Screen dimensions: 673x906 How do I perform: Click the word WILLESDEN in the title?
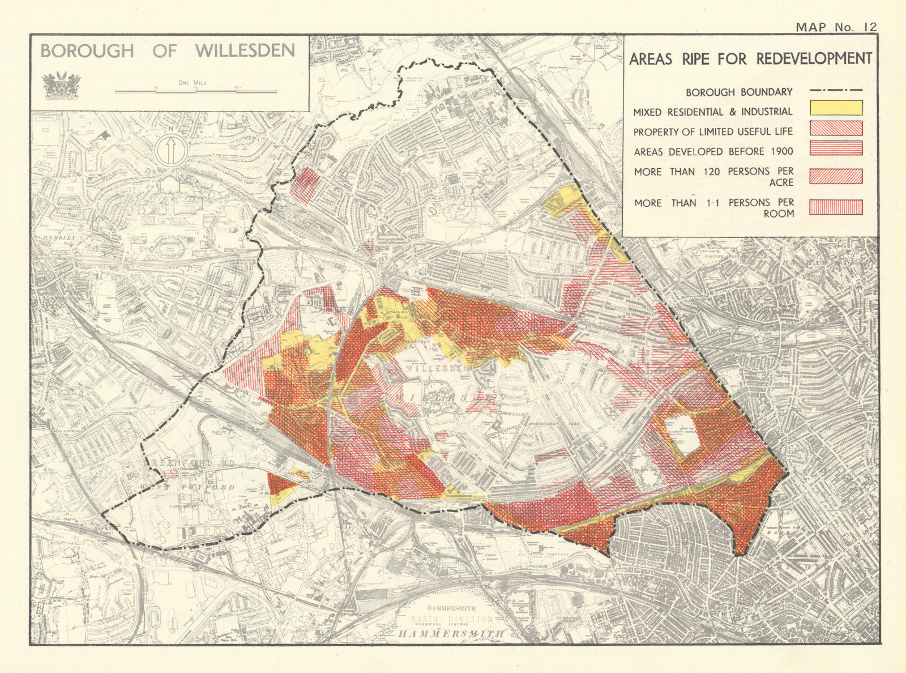coord(245,50)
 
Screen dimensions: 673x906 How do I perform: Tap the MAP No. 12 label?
coord(836,27)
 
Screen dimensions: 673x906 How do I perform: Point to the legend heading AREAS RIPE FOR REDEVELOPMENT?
coord(750,59)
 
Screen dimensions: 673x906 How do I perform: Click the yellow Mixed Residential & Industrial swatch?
coord(836,108)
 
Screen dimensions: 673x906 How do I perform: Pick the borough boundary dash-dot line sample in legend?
coord(836,90)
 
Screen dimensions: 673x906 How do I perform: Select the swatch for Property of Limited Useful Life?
coord(836,128)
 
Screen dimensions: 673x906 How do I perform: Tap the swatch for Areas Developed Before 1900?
coord(836,148)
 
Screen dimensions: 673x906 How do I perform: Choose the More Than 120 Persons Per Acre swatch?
coord(836,176)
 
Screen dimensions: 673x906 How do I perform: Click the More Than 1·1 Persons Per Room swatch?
coord(836,207)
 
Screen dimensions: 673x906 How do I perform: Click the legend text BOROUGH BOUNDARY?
coord(739,92)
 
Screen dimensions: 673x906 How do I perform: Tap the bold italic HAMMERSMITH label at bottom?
coord(451,634)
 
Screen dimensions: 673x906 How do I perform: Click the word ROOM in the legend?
coord(779,214)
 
